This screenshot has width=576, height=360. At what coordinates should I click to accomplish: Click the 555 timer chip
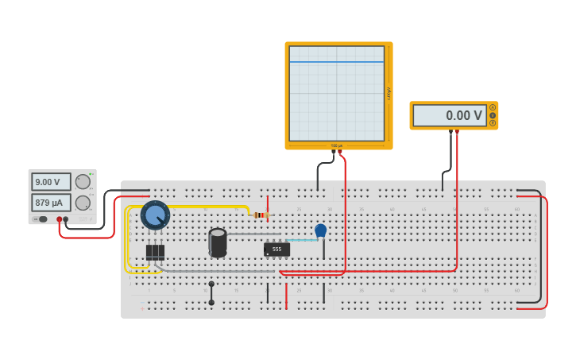pos(276,249)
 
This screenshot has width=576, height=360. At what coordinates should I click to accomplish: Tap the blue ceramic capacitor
pos(320,230)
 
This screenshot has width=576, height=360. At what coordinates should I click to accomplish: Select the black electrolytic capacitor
pos(218,242)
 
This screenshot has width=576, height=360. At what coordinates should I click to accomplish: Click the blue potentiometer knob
pos(155,215)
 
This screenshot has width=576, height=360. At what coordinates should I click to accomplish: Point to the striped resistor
pos(260,215)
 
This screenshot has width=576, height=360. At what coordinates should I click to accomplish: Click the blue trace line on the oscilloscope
pos(337,61)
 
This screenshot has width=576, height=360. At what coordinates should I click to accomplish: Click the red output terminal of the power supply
pos(59,219)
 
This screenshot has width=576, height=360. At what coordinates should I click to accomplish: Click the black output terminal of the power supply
pos(66,219)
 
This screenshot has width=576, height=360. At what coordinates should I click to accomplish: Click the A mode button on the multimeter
pos(493,107)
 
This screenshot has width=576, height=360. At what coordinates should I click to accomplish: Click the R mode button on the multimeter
pos(493,123)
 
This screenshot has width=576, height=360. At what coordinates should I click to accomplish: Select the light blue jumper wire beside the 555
pos(302,240)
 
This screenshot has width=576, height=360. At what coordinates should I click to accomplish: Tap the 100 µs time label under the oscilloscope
pos(337,145)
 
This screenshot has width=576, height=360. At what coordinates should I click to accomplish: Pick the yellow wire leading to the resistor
pos(207,207)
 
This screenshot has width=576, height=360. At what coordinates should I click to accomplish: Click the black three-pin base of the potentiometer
pos(155,252)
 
